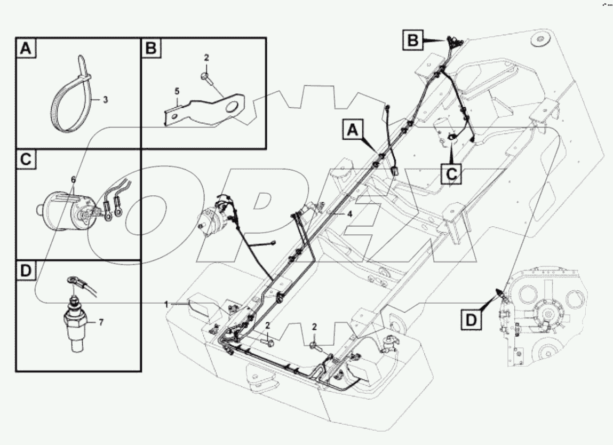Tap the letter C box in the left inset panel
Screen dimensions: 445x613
tap(25, 160)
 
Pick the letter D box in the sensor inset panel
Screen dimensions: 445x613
tap(25, 271)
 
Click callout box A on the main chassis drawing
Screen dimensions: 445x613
tap(353, 130)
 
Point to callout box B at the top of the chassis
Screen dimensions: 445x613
tap(415, 40)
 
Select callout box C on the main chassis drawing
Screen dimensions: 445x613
tap(451, 173)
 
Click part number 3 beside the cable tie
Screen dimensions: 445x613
tap(105, 100)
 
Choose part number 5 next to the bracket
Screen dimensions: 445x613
tap(177, 91)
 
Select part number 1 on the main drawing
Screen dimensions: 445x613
tap(166, 304)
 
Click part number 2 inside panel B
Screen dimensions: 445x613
tap(206, 57)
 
